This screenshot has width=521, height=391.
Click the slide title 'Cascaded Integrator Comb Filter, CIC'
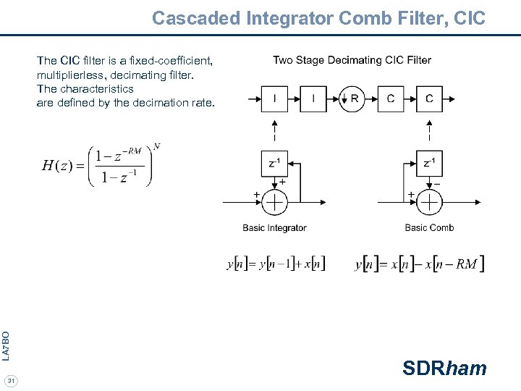pyautogui.click(x=318, y=17)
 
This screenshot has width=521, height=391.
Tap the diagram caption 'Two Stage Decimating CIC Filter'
pyautogui.click(x=352, y=60)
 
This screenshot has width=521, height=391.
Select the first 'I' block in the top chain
pyautogui.click(x=274, y=98)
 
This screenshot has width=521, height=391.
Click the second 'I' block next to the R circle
pyautogui.click(x=313, y=98)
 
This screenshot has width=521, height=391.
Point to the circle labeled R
pyautogui.click(x=353, y=98)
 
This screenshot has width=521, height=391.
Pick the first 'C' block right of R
pyautogui.click(x=391, y=98)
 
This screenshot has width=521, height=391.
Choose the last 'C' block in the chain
pyautogui.click(x=430, y=98)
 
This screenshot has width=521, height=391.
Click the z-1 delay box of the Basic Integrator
pyautogui.click(x=274, y=164)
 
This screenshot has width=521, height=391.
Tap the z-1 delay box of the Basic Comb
pyautogui.click(x=430, y=164)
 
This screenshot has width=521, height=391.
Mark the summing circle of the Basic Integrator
pyautogui.click(x=274, y=202)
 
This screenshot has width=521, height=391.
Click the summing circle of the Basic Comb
pyautogui.click(x=430, y=202)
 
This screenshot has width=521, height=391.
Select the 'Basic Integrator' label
pyautogui.click(x=274, y=228)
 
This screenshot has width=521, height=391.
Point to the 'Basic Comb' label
pyautogui.click(x=429, y=228)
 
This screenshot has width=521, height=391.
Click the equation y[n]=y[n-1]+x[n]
pyautogui.click(x=276, y=264)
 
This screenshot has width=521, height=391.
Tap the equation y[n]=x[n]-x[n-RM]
pyautogui.click(x=420, y=264)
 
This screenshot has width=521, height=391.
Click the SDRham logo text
pyautogui.click(x=444, y=369)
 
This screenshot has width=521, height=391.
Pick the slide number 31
pyautogui.click(x=11, y=381)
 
